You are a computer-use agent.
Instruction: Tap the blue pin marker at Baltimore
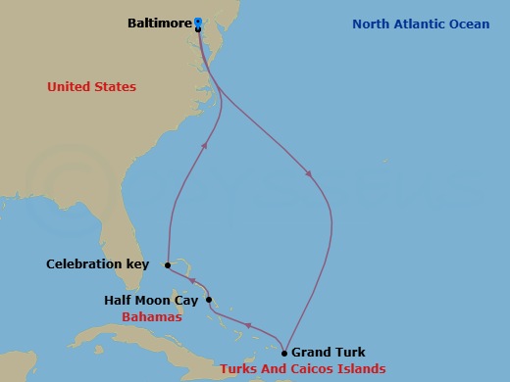click(198, 22)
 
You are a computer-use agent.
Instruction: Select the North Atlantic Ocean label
click(422, 24)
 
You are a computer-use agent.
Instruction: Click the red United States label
click(91, 87)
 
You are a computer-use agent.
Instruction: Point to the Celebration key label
click(97, 264)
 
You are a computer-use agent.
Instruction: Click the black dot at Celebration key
click(168, 264)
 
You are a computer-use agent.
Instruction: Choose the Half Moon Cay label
click(152, 301)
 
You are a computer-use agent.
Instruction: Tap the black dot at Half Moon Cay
click(209, 301)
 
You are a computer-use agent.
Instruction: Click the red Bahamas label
click(151, 318)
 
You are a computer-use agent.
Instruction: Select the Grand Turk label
click(328, 353)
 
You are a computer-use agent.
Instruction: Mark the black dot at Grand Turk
click(284, 353)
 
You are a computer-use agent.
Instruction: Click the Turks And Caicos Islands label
click(303, 369)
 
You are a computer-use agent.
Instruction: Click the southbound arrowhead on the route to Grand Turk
click(310, 174)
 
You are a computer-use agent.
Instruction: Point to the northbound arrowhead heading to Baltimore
click(206, 145)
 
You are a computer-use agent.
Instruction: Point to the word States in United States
click(116, 87)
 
